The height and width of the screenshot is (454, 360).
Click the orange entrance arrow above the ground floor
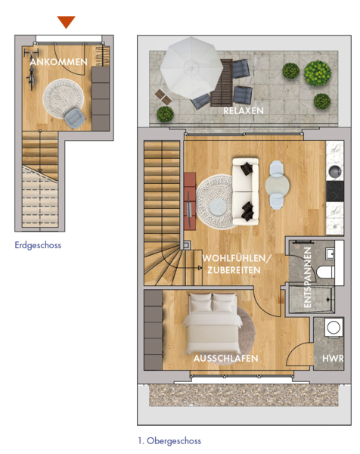pyautogui.click(x=67, y=21)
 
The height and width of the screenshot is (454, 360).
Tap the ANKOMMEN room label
pyautogui.click(x=59, y=62)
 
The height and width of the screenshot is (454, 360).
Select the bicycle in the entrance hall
pyautogui.click(x=31, y=70)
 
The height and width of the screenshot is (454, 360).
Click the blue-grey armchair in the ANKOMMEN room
pyautogui.click(x=74, y=118)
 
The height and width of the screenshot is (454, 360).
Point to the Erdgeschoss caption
pyautogui.click(x=38, y=245)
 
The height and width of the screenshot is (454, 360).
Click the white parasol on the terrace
pyautogui.click(x=191, y=68)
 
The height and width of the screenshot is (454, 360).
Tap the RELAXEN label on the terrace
pyautogui.click(x=244, y=111)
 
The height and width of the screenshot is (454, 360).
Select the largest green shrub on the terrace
pyautogui.click(x=318, y=73)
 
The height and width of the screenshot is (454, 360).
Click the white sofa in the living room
pyautogui.click(x=245, y=191)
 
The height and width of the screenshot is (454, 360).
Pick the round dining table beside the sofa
pyautogui.click(x=277, y=185)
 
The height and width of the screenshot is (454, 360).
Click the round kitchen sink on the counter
pyautogui.click(x=335, y=172)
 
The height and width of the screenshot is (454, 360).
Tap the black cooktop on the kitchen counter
pyautogui.click(x=335, y=191)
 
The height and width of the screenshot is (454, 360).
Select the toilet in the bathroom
pyautogui.click(x=325, y=272)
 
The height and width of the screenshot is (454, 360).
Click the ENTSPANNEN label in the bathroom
pyautogui.click(x=308, y=278)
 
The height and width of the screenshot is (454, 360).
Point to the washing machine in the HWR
pyautogui.click(x=334, y=328)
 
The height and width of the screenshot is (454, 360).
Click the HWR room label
pyautogui.click(x=333, y=359)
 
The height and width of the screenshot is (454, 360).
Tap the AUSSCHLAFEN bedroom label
pyautogui.click(x=225, y=359)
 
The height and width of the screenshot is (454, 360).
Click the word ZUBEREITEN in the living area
pyautogui.click(x=234, y=270)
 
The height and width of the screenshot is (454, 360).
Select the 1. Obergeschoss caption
pyautogui.click(x=169, y=441)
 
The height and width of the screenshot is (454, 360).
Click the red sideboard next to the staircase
pyautogui.click(x=190, y=201)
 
